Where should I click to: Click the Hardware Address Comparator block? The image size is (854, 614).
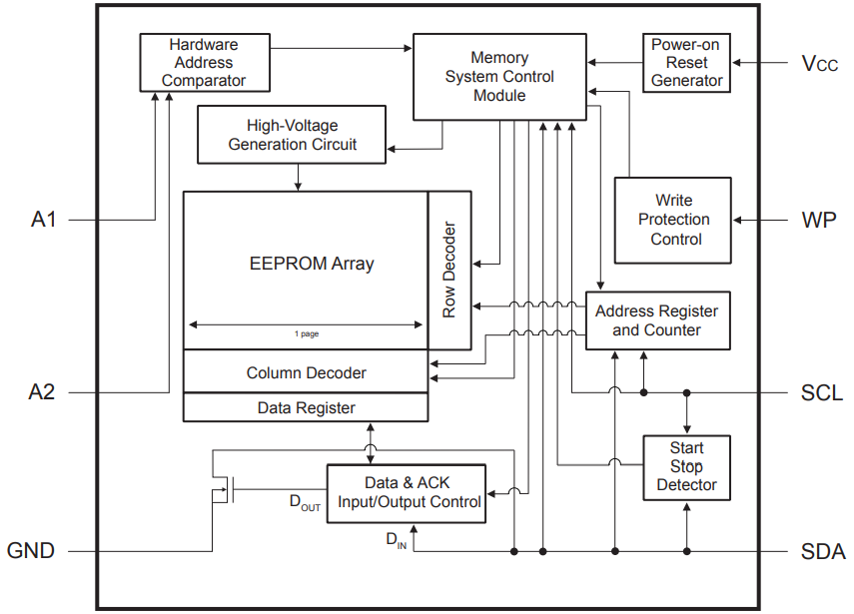click(x=204, y=63)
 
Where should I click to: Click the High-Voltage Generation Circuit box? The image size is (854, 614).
click(x=292, y=136)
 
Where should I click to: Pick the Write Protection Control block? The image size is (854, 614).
click(x=673, y=220)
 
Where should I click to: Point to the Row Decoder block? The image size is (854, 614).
click(x=449, y=270)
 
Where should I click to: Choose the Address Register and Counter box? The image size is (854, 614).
click(x=656, y=320)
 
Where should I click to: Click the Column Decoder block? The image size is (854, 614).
click(x=306, y=372)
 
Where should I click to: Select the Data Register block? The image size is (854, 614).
click(x=306, y=407)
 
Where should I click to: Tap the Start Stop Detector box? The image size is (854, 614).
click(x=686, y=466)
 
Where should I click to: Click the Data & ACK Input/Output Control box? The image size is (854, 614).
click(x=409, y=492)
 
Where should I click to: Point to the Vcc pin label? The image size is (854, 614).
click(x=820, y=64)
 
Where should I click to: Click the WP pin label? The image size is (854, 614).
click(x=821, y=220)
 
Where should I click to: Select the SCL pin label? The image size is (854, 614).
click(x=822, y=392)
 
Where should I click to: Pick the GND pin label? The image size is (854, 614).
click(x=31, y=551)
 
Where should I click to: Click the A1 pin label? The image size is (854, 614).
click(x=43, y=220)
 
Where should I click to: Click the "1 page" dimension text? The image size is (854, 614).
click(x=306, y=333)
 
